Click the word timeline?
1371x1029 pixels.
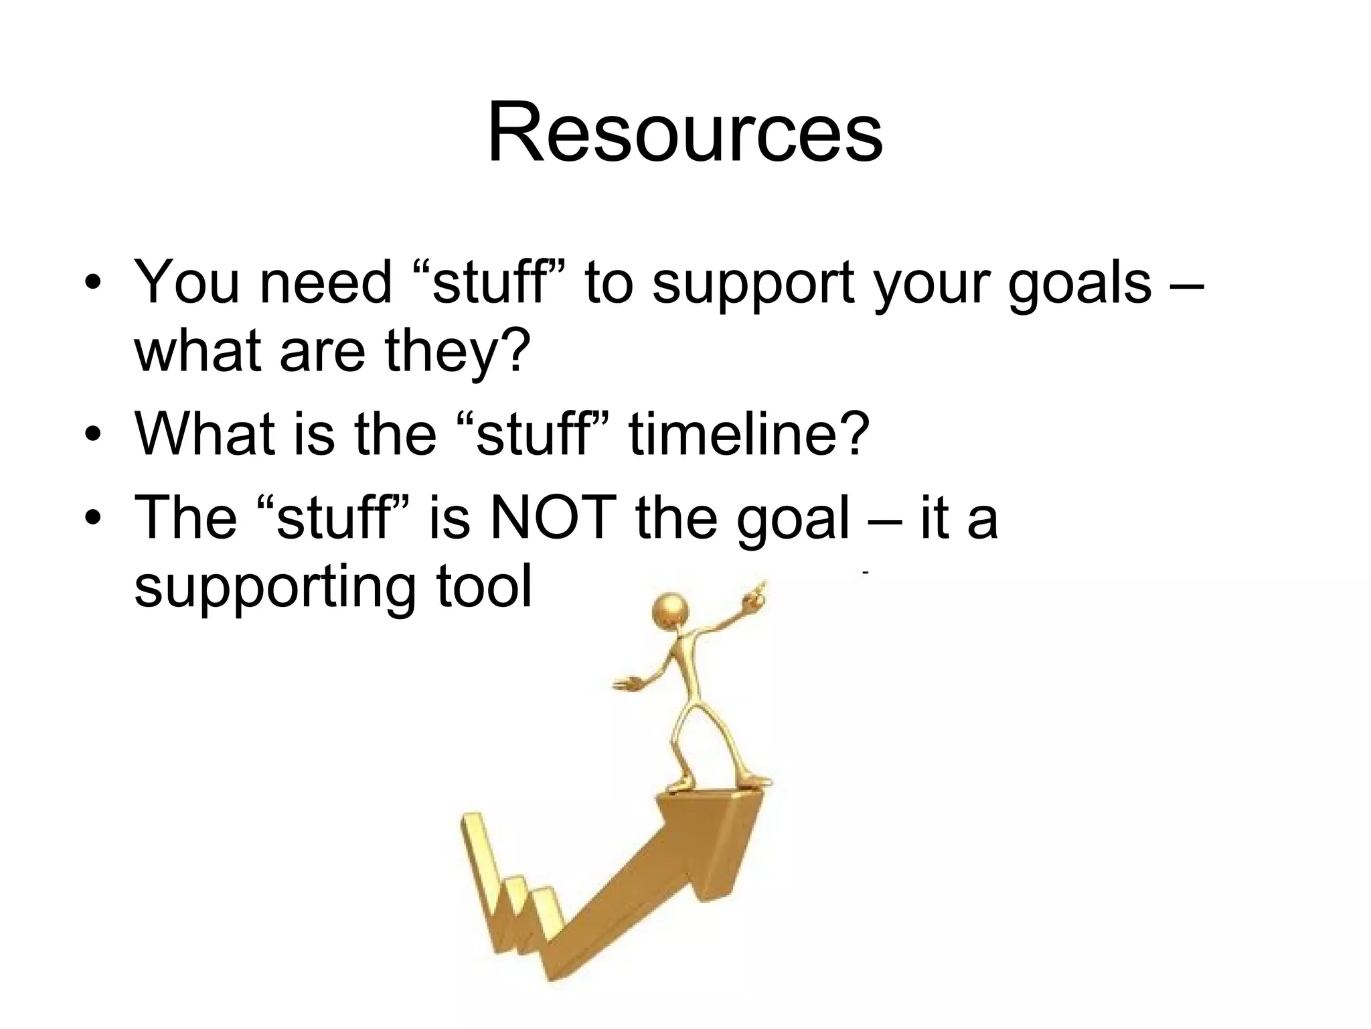click(748, 434)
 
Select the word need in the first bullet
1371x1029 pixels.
click(325, 283)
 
